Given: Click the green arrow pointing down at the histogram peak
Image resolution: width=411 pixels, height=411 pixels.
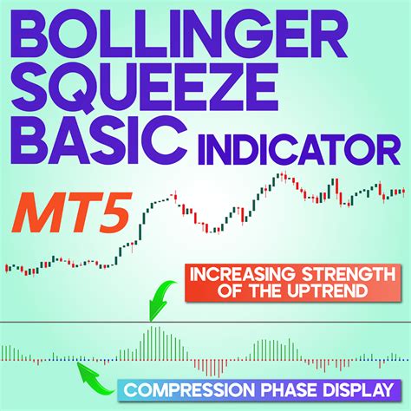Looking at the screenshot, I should pyautogui.click(x=161, y=305).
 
